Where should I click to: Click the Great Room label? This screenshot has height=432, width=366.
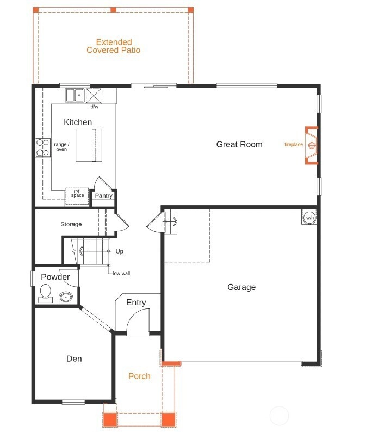click(239, 144)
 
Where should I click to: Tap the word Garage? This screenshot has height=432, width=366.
click(241, 287)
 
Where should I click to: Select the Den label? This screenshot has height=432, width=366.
click(74, 359)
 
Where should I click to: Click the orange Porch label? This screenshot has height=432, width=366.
click(139, 376)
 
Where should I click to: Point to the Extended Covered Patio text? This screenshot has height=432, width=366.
click(114, 46)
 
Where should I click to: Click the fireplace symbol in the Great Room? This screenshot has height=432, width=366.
click(312, 145)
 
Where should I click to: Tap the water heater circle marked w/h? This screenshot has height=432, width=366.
click(309, 218)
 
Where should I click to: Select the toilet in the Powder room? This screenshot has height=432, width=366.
click(46, 293)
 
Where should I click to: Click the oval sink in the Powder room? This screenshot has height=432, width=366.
click(66, 298)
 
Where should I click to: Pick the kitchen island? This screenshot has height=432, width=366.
click(89, 145)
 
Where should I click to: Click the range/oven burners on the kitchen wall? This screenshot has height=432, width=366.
click(44, 147)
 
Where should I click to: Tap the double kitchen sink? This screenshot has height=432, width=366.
click(75, 95)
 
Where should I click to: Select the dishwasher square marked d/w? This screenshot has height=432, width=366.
click(94, 96)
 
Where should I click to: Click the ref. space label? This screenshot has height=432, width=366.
click(77, 193)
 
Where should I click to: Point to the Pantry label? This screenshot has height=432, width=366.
click(103, 196)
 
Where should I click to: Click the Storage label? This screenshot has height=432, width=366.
click(71, 224)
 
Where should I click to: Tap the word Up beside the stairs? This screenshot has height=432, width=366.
click(119, 251)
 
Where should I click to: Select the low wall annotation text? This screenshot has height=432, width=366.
click(121, 273)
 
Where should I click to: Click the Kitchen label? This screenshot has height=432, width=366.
click(78, 122)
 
